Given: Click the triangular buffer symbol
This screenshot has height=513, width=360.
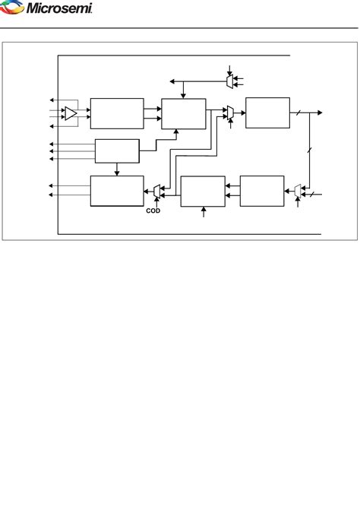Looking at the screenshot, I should [x=71, y=113].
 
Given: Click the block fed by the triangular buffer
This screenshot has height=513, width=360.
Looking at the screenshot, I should [x=116, y=113].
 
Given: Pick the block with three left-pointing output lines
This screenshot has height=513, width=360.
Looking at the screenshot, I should [x=116, y=150].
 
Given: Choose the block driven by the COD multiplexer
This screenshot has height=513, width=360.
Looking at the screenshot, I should [x=116, y=190].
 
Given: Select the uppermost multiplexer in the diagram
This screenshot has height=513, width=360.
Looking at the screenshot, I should [x=229, y=80].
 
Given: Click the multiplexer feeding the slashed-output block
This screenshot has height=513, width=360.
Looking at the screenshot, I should [x=230, y=112].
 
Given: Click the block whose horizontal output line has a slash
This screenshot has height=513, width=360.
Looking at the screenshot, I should [x=267, y=112].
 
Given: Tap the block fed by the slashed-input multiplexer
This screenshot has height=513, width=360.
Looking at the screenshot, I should [x=261, y=190].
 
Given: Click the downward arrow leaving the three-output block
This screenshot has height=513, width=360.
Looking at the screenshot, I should [x=116, y=172].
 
